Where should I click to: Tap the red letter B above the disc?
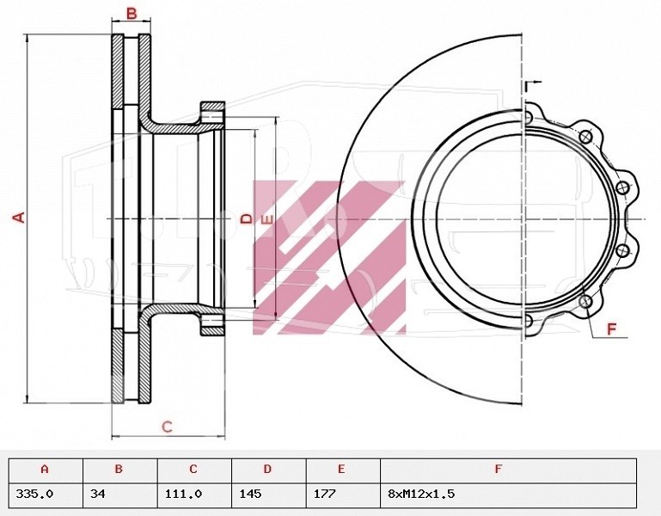point(132,13)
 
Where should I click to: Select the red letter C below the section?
point(168,427)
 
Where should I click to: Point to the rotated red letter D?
point(247,218)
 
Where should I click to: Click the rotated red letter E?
point(267,220)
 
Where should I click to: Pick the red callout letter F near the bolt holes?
point(612,329)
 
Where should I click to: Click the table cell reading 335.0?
point(34,494)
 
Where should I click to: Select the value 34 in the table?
point(98,494)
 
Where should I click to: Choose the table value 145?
point(250,494)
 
